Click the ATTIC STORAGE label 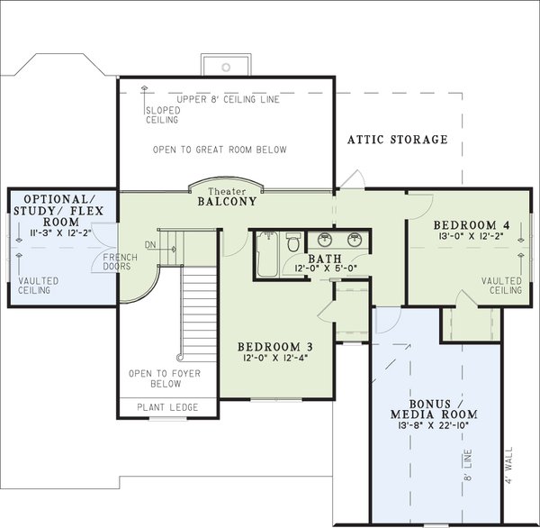coord(398,140)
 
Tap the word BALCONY coord(227,204)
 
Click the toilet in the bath coord(292,244)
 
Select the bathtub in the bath coord(267,255)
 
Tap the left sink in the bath coord(325,240)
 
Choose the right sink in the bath coord(355,240)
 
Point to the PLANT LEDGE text coord(169,407)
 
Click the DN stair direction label coord(151,244)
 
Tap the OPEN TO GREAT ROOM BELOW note coord(220,150)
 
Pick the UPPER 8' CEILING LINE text coord(228,98)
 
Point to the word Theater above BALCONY coord(227,191)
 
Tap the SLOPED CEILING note coord(162,114)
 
